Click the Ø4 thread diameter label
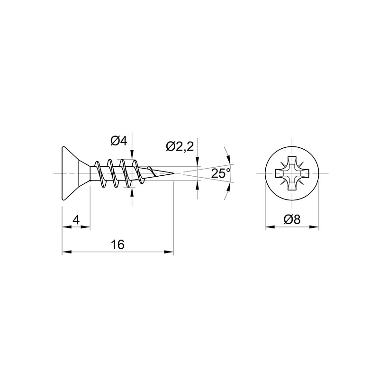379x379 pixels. pos(119,141)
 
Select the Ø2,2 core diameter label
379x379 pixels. pos(180,146)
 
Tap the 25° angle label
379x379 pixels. pos(221,173)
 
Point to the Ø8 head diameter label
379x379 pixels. pos(292,219)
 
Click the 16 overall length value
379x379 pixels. pos(117,244)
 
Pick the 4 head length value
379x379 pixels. pos(76,220)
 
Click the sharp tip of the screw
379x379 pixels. pos(174,173)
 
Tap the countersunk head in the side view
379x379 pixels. pos(76,173)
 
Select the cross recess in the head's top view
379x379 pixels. pos(292,173)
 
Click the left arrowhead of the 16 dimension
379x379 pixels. pos(67,252)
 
